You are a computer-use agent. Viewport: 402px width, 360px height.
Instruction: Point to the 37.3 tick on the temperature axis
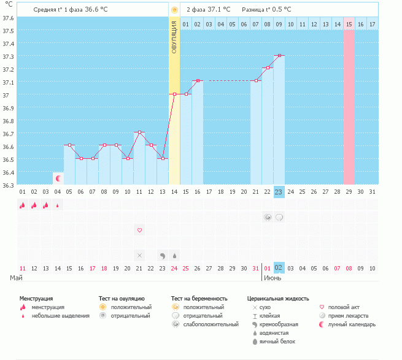point(9,56)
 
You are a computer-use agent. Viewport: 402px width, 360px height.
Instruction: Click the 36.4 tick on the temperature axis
point(9,172)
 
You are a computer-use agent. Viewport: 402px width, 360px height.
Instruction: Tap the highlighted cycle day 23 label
point(279,192)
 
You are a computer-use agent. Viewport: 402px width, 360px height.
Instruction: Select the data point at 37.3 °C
point(279,56)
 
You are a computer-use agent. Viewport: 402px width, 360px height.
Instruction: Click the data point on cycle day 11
point(139,132)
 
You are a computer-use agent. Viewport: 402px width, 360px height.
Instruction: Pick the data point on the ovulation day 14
point(174,94)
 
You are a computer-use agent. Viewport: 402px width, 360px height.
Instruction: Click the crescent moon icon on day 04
point(58,178)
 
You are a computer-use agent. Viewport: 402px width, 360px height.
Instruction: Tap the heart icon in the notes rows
point(139,230)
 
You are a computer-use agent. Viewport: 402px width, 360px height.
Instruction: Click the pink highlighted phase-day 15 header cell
point(349,24)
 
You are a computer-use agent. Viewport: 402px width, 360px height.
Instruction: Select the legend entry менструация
point(50,307)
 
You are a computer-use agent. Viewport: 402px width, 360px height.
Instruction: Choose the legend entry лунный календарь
point(352,324)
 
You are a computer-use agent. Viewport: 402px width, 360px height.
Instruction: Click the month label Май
point(17,278)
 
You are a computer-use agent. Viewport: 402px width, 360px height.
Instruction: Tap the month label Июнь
point(273,278)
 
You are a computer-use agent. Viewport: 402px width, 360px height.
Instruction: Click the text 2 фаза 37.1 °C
point(208,10)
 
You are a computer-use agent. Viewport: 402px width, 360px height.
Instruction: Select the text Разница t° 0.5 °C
point(266,10)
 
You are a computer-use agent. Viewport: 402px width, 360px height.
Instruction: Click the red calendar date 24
point(174,268)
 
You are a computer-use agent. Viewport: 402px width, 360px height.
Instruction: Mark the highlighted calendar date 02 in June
point(279,268)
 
